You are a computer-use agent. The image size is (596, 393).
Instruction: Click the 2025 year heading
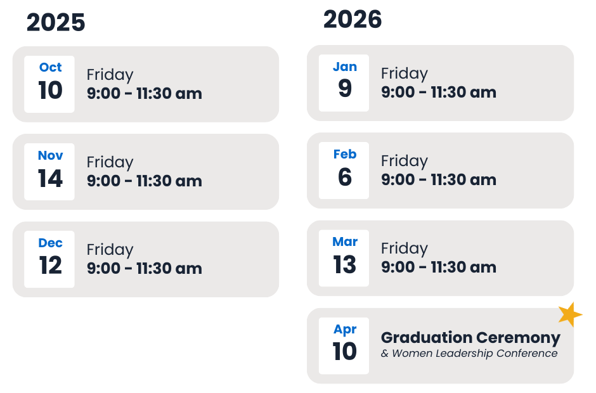(x=56, y=22)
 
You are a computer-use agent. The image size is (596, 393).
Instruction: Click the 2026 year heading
(x=353, y=20)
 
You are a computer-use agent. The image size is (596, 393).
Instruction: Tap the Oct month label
(x=50, y=67)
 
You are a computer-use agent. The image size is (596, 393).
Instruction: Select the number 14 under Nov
(x=50, y=178)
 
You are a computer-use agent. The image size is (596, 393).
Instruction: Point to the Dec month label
(x=50, y=243)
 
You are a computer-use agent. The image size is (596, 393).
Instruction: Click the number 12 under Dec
(x=50, y=266)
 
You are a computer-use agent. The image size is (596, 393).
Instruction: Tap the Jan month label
(x=345, y=67)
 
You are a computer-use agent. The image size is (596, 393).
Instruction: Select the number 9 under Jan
(x=345, y=88)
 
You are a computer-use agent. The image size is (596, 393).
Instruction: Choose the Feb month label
(x=345, y=154)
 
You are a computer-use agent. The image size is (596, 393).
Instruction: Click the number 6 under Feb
(x=345, y=177)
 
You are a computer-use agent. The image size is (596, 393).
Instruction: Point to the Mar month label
(x=345, y=242)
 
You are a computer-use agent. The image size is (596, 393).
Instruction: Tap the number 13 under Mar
(x=345, y=264)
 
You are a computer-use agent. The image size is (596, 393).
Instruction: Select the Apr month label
(x=345, y=330)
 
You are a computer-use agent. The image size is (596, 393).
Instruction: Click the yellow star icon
(x=570, y=314)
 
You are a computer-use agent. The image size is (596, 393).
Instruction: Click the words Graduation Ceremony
(x=470, y=337)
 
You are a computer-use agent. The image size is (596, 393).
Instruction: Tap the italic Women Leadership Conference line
(x=469, y=354)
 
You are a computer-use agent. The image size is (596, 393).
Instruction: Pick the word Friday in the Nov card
(x=110, y=163)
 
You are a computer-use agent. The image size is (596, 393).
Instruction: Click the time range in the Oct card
(x=145, y=94)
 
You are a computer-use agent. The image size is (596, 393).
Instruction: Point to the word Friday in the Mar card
(x=405, y=249)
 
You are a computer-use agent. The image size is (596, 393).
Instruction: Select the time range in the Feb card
(x=439, y=180)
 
